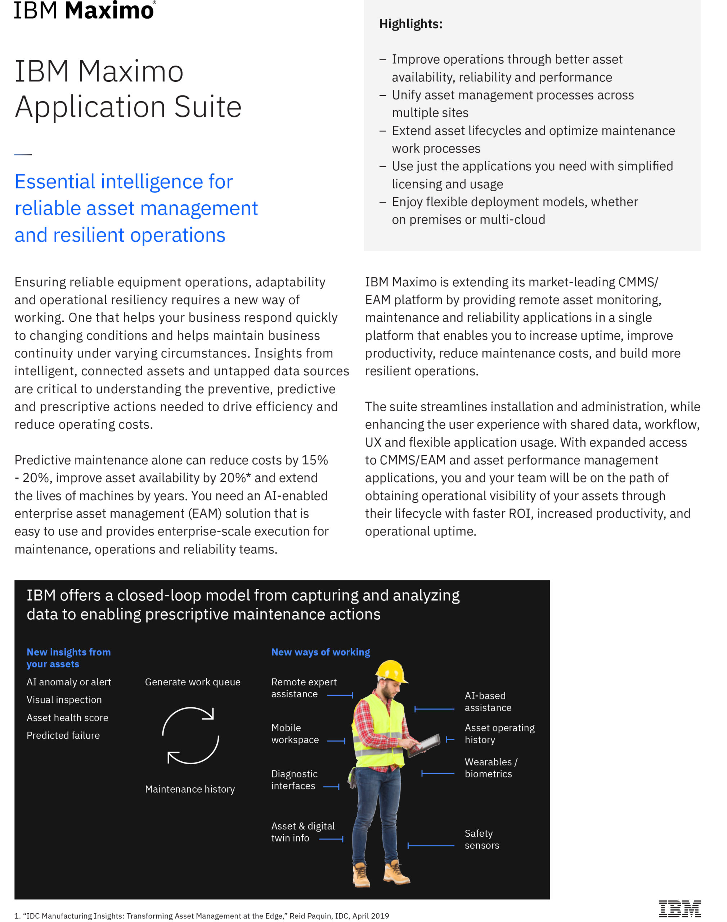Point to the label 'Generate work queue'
[192, 682]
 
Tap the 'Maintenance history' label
[190, 789]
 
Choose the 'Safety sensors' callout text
[482, 840]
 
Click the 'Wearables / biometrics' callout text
[491, 768]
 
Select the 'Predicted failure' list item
[63, 735]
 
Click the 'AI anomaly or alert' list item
[68, 682]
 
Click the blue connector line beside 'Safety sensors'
[431, 846]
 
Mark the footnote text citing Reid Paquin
[202, 916]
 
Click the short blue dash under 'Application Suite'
[23, 154]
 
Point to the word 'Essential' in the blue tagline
[54, 182]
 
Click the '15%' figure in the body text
[315, 460]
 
